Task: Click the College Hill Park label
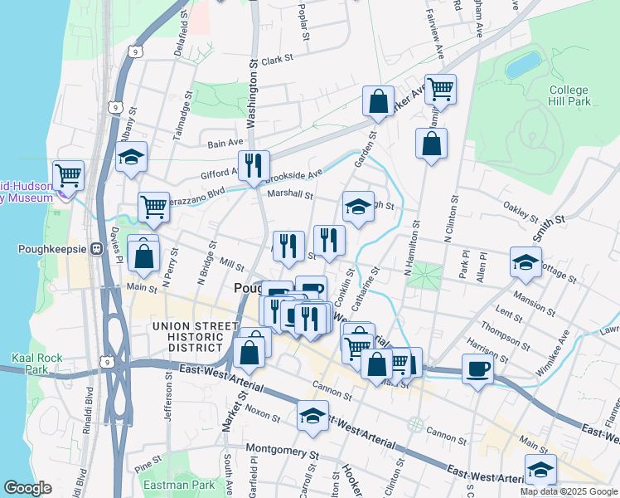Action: (569, 95)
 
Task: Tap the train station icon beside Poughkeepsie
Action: (96, 248)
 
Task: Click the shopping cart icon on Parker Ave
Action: (441, 89)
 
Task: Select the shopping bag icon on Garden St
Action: (378, 102)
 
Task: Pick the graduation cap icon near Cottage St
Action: (526, 262)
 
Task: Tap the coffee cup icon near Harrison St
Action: (477, 368)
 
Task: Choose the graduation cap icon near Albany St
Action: (131, 157)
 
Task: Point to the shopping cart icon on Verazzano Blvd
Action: (153, 207)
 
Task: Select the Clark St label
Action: (277, 60)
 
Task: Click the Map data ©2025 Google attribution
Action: (569, 491)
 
